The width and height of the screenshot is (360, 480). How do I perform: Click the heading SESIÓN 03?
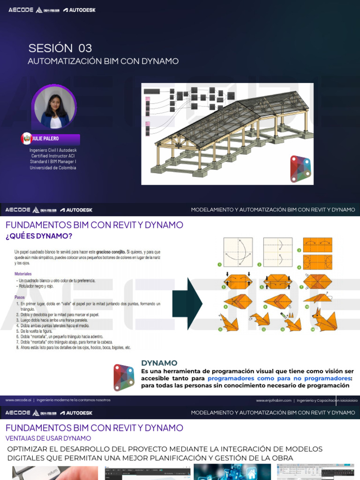(60, 48)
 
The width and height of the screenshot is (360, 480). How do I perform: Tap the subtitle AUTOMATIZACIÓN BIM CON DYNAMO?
(103, 61)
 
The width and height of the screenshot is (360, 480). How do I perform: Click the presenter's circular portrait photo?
(55, 107)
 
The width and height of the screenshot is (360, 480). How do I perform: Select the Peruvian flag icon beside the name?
(26, 139)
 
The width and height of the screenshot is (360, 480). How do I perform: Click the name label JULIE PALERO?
(45, 139)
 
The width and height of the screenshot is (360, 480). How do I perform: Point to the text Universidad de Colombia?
(53, 167)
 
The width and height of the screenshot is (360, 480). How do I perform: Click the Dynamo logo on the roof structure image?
(300, 167)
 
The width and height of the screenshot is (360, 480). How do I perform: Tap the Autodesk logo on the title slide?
(79, 10)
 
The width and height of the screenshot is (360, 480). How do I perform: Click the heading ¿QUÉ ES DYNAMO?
(39, 236)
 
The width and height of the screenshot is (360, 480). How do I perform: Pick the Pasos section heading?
(20, 297)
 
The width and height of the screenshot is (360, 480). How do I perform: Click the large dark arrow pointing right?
(187, 303)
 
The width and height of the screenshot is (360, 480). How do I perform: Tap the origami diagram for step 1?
(238, 251)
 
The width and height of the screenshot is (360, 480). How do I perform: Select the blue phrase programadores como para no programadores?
(279, 378)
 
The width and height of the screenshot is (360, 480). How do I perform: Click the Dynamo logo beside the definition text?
(124, 377)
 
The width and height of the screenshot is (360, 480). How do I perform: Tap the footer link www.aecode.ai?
(18, 400)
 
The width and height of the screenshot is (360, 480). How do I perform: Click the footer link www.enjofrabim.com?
(274, 400)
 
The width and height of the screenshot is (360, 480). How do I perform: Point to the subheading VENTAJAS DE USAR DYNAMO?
(48, 438)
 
